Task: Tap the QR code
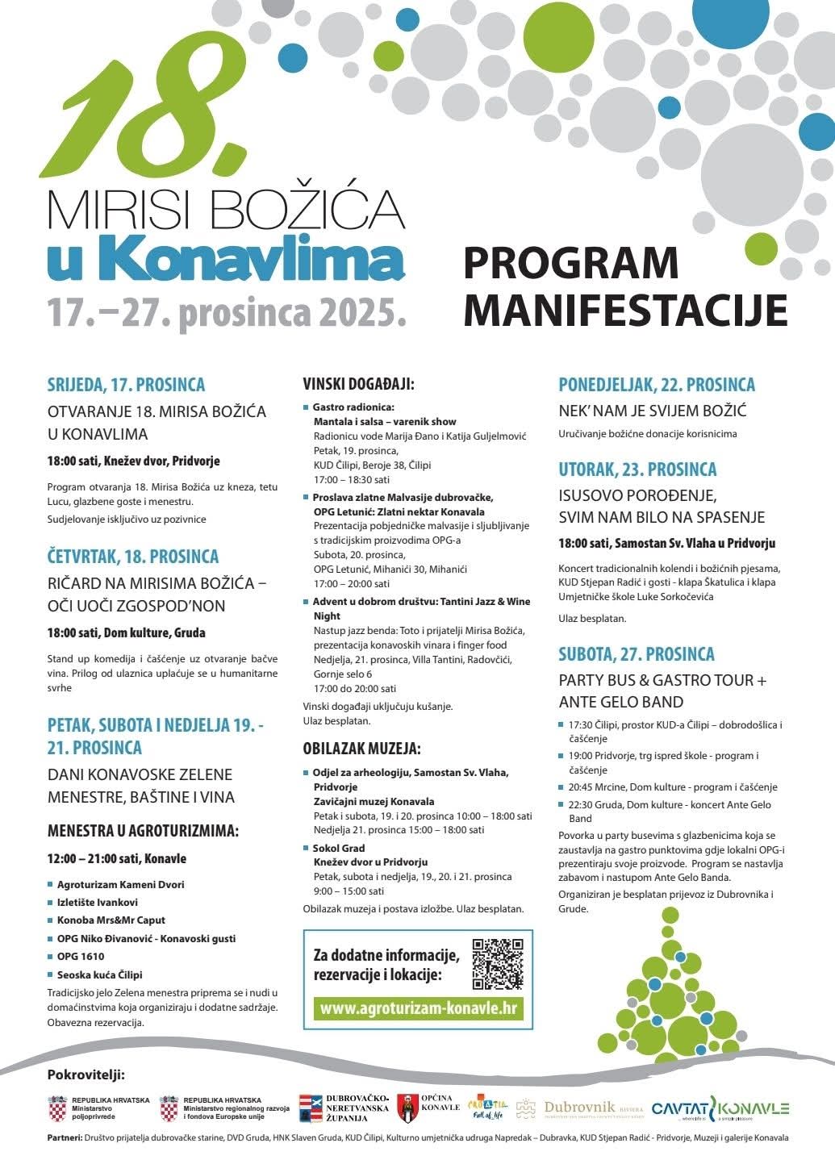[498, 964]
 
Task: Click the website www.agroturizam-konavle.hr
[418, 1008]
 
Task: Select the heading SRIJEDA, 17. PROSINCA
[126, 385]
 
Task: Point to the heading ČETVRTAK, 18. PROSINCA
[133, 557]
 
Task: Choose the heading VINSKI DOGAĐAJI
[358, 384]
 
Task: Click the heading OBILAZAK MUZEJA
[361, 749]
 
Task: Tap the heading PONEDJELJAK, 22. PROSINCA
[657, 385]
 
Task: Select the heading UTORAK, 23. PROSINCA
[637, 469]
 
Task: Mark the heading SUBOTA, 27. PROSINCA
[637, 654]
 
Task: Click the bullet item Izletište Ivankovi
[97, 902]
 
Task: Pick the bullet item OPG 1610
[81, 956]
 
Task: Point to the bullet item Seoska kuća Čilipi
[99, 974]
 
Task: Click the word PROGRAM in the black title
[571, 263]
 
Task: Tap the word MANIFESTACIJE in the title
[625, 309]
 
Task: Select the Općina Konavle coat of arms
[408, 1109]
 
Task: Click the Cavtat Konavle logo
[720, 1110]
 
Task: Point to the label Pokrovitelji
[86, 1074]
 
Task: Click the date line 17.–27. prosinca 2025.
[225, 311]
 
